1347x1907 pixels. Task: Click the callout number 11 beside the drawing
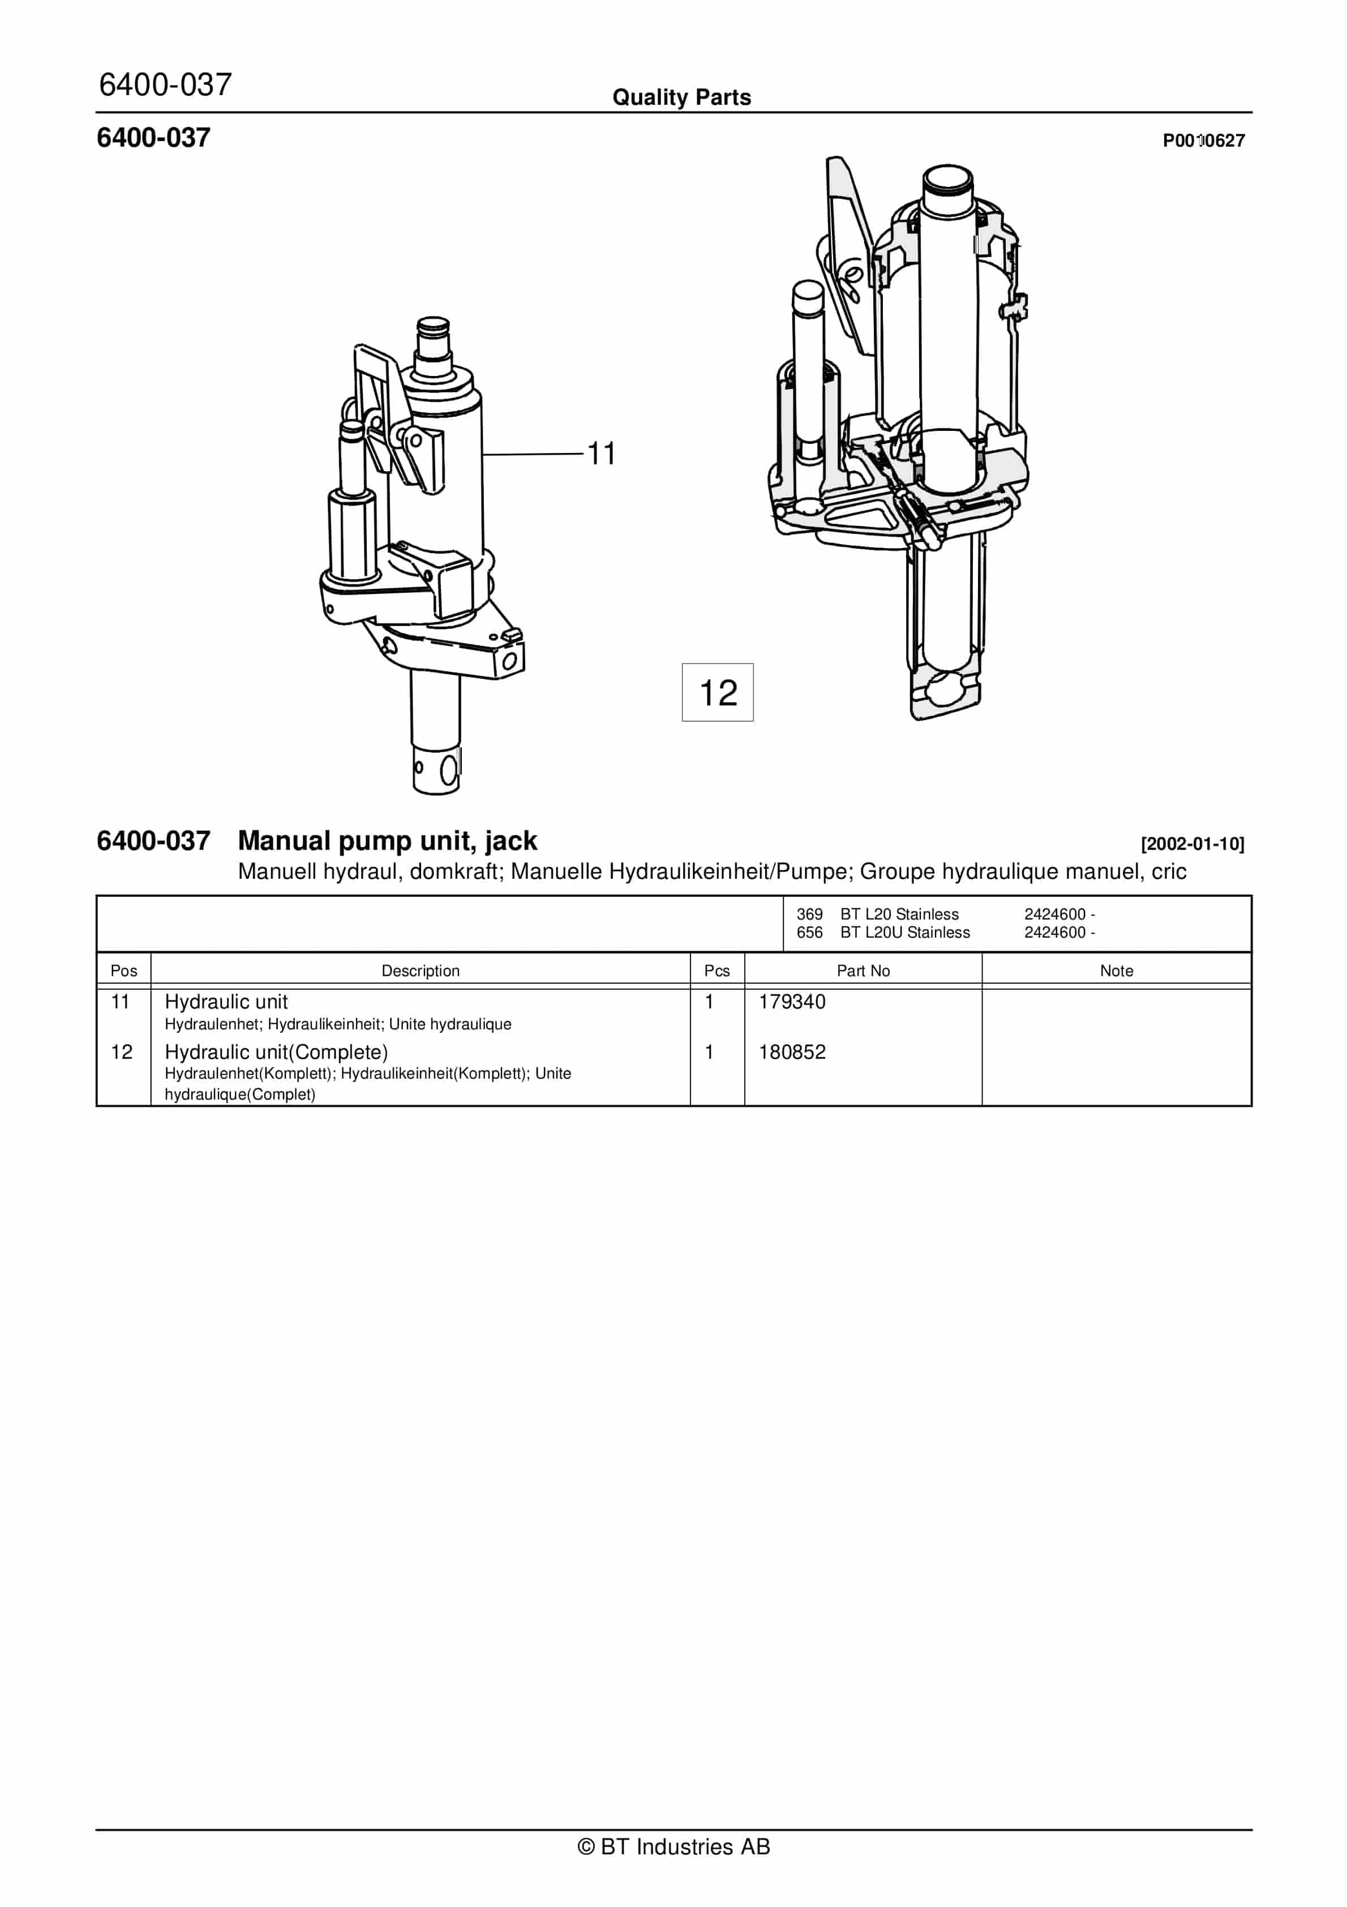(601, 454)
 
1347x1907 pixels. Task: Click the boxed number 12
(718, 692)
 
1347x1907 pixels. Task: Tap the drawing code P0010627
(1203, 140)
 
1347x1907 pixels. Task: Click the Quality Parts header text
(682, 97)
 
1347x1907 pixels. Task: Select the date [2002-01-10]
(1192, 844)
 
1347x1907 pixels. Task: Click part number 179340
(792, 1002)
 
